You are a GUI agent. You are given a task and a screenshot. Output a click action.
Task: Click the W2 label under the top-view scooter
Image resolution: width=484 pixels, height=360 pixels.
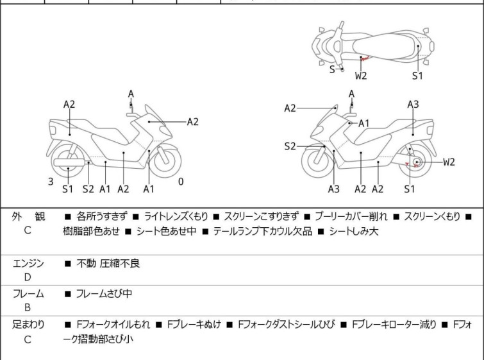pos(361,76)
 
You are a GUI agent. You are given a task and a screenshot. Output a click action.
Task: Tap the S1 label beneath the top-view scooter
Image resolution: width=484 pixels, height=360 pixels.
pos(417,76)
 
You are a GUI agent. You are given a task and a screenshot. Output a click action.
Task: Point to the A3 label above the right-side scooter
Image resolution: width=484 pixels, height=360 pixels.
pos(413,104)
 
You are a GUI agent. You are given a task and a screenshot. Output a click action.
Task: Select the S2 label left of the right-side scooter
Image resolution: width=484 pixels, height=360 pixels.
pos(290,146)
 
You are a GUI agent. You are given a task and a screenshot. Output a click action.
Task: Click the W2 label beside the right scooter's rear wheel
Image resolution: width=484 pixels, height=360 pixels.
pos(449,162)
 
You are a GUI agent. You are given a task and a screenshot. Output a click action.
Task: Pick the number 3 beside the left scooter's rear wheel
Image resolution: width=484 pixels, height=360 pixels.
pos(51,182)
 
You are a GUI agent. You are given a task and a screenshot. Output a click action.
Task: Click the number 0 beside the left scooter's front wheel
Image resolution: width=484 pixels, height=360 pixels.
pos(181,182)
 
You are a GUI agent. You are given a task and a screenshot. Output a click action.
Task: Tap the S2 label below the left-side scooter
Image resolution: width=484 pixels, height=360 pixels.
pos(88,189)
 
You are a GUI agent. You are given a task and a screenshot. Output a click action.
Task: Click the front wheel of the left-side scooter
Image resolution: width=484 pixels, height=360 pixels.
pos(162,159)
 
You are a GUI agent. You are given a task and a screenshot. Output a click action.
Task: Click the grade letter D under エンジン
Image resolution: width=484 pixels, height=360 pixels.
pos(27,277)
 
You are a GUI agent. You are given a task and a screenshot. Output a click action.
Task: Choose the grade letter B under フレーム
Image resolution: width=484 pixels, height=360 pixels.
pos(27,307)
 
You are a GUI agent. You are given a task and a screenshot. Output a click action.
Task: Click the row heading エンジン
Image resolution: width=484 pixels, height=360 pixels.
pos(28,263)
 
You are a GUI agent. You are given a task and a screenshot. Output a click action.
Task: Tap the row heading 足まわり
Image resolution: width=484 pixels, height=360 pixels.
pos(28,325)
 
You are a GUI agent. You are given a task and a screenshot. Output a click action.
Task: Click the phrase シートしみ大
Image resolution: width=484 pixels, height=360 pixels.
pos(353,231)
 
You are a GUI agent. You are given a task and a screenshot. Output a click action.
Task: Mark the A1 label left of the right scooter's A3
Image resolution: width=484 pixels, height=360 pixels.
pos(363,123)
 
